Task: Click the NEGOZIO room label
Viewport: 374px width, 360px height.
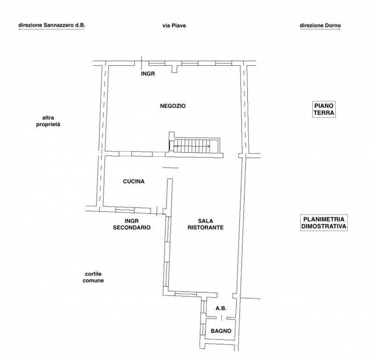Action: pyautogui.click(x=173, y=106)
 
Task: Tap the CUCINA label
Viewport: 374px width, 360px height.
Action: pyautogui.click(x=134, y=181)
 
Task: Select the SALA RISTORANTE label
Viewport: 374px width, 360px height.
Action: pyautogui.click(x=205, y=224)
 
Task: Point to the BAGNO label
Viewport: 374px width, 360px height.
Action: pyautogui.click(x=221, y=331)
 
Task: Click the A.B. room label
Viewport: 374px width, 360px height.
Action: pyautogui.click(x=221, y=308)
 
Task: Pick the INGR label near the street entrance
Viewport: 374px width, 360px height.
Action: pyautogui.click(x=148, y=74)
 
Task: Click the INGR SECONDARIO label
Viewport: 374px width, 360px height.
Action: pyautogui.click(x=132, y=224)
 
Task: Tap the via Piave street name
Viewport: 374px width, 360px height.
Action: pyautogui.click(x=174, y=26)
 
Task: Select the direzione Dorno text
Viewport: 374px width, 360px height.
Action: pyautogui.click(x=320, y=25)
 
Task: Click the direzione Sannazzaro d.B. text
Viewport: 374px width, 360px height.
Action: pyautogui.click(x=52, y=25)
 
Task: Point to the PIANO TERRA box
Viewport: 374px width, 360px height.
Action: pyautogui.click(x=324, y=109)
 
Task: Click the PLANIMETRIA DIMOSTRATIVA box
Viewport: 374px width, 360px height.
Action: pyautogui.click(x=324, y=223)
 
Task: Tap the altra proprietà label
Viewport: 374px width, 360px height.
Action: pyautogui.click(x=48, y=121)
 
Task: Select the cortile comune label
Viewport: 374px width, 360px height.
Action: pyautogui.click(x=93, y=277)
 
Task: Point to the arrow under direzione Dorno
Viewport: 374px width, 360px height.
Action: pyautogui.click(x=320, y=29)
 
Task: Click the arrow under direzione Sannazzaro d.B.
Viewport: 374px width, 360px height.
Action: pyautogui.click(x=51, y=29)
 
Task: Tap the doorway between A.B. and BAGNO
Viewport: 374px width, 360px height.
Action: pyautogui.click(x=221, y=318)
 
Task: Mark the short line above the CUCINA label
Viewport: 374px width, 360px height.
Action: pyautogui.click(x=171, y=168)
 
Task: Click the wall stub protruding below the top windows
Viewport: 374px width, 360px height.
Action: pyautogui.click(x=175, y=69)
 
